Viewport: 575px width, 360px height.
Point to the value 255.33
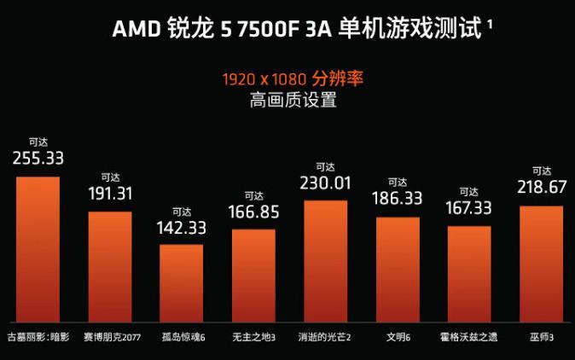tap(38, 158)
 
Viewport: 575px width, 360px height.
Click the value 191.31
tap(110, 193)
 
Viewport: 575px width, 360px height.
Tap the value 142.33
tap(182, 228)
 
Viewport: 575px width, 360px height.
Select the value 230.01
tap(325, 183)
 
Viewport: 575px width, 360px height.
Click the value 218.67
tap(541, 187)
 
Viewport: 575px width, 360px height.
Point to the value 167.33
tap(469, 208)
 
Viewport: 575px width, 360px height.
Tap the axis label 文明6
tap(398, 337)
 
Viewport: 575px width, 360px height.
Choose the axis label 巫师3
tap(541, 337)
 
